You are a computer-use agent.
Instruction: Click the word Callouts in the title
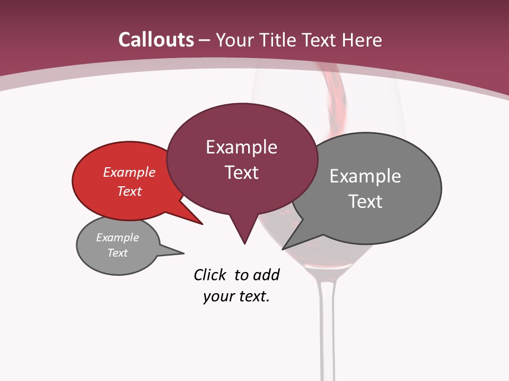click(x=156, y=40)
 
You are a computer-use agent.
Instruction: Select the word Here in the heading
click(x=363, y=40)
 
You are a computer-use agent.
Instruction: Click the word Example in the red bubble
click(x=129, y=172)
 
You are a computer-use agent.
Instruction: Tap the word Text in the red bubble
click(x=129, y=191)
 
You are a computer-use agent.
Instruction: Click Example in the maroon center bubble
click(x=241, y=147)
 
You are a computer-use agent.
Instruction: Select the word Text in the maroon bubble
click(x=241, y=173)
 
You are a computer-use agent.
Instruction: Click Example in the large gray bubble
click(x=365, y=176)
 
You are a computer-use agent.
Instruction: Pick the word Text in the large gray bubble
click(x=365, y=201)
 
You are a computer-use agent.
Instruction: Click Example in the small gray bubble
click(x=118, y=238)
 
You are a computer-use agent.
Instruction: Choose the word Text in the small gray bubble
click(x=118, y=253)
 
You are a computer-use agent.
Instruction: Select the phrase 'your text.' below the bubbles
click(x=236, y=296)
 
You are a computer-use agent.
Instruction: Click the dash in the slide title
click(x=205, y=40)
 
